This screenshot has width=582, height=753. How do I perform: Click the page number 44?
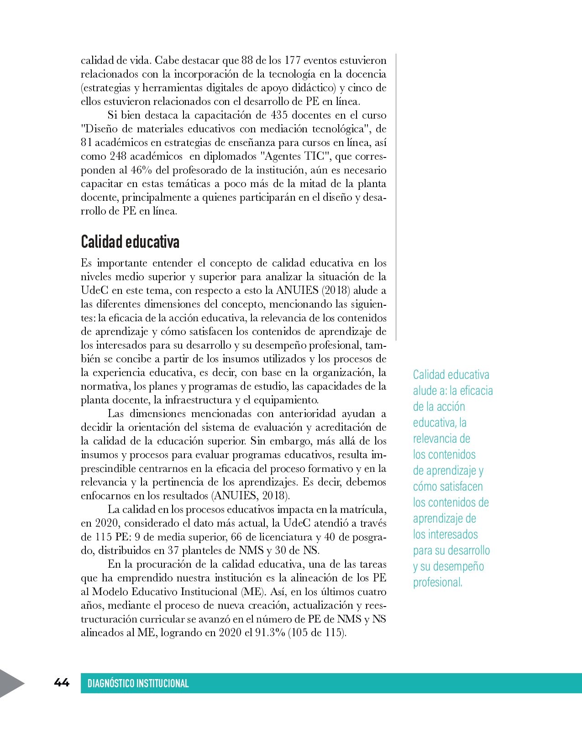pyautogui.click(x=62, y=683)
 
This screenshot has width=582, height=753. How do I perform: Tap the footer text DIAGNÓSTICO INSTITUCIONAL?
pyautogui.click(x=138, y=683)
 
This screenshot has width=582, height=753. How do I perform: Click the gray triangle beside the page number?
pyautogui.click(x=11, y=683)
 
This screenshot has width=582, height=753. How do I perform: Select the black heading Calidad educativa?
pyautogui.click(x=130, y=242)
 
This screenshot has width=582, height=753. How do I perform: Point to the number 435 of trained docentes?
pyautogui.click(x=279, y=115)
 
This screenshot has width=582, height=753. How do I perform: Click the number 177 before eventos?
pyautogui.click(x=293, y=60)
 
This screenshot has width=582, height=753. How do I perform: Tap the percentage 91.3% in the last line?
pyautogui.click(x=269, y=633)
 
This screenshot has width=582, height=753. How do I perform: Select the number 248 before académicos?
pyautogui.click(x=118, y=156)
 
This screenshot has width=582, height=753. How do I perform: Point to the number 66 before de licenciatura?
pyautogui.click(x=236, y=537)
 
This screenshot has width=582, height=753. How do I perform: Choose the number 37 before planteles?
pyautogui.click(x=173, y=550)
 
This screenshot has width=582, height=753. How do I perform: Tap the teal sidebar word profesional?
pyautogui.click(x=437, y=582)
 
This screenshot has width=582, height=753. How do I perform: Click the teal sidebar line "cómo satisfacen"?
pyautogui.click(x=448, y=486)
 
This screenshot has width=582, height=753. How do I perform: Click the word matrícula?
pyautogui.click(x=363, y=509)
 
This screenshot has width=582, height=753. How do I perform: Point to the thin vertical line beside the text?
pyautogui.click(x=396, y=196)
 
